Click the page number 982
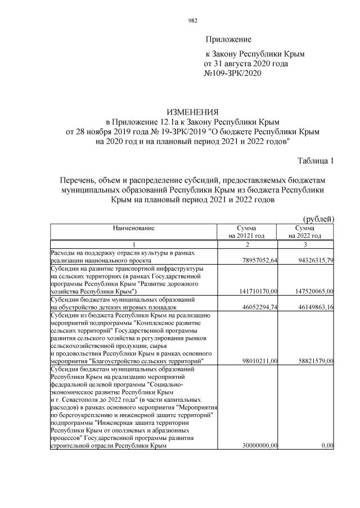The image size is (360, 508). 192,21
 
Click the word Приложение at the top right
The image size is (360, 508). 228,39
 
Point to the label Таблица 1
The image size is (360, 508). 316,161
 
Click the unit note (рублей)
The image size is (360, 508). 318,219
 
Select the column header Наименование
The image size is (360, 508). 134,228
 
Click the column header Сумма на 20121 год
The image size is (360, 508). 246,232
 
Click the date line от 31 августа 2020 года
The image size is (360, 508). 246,64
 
